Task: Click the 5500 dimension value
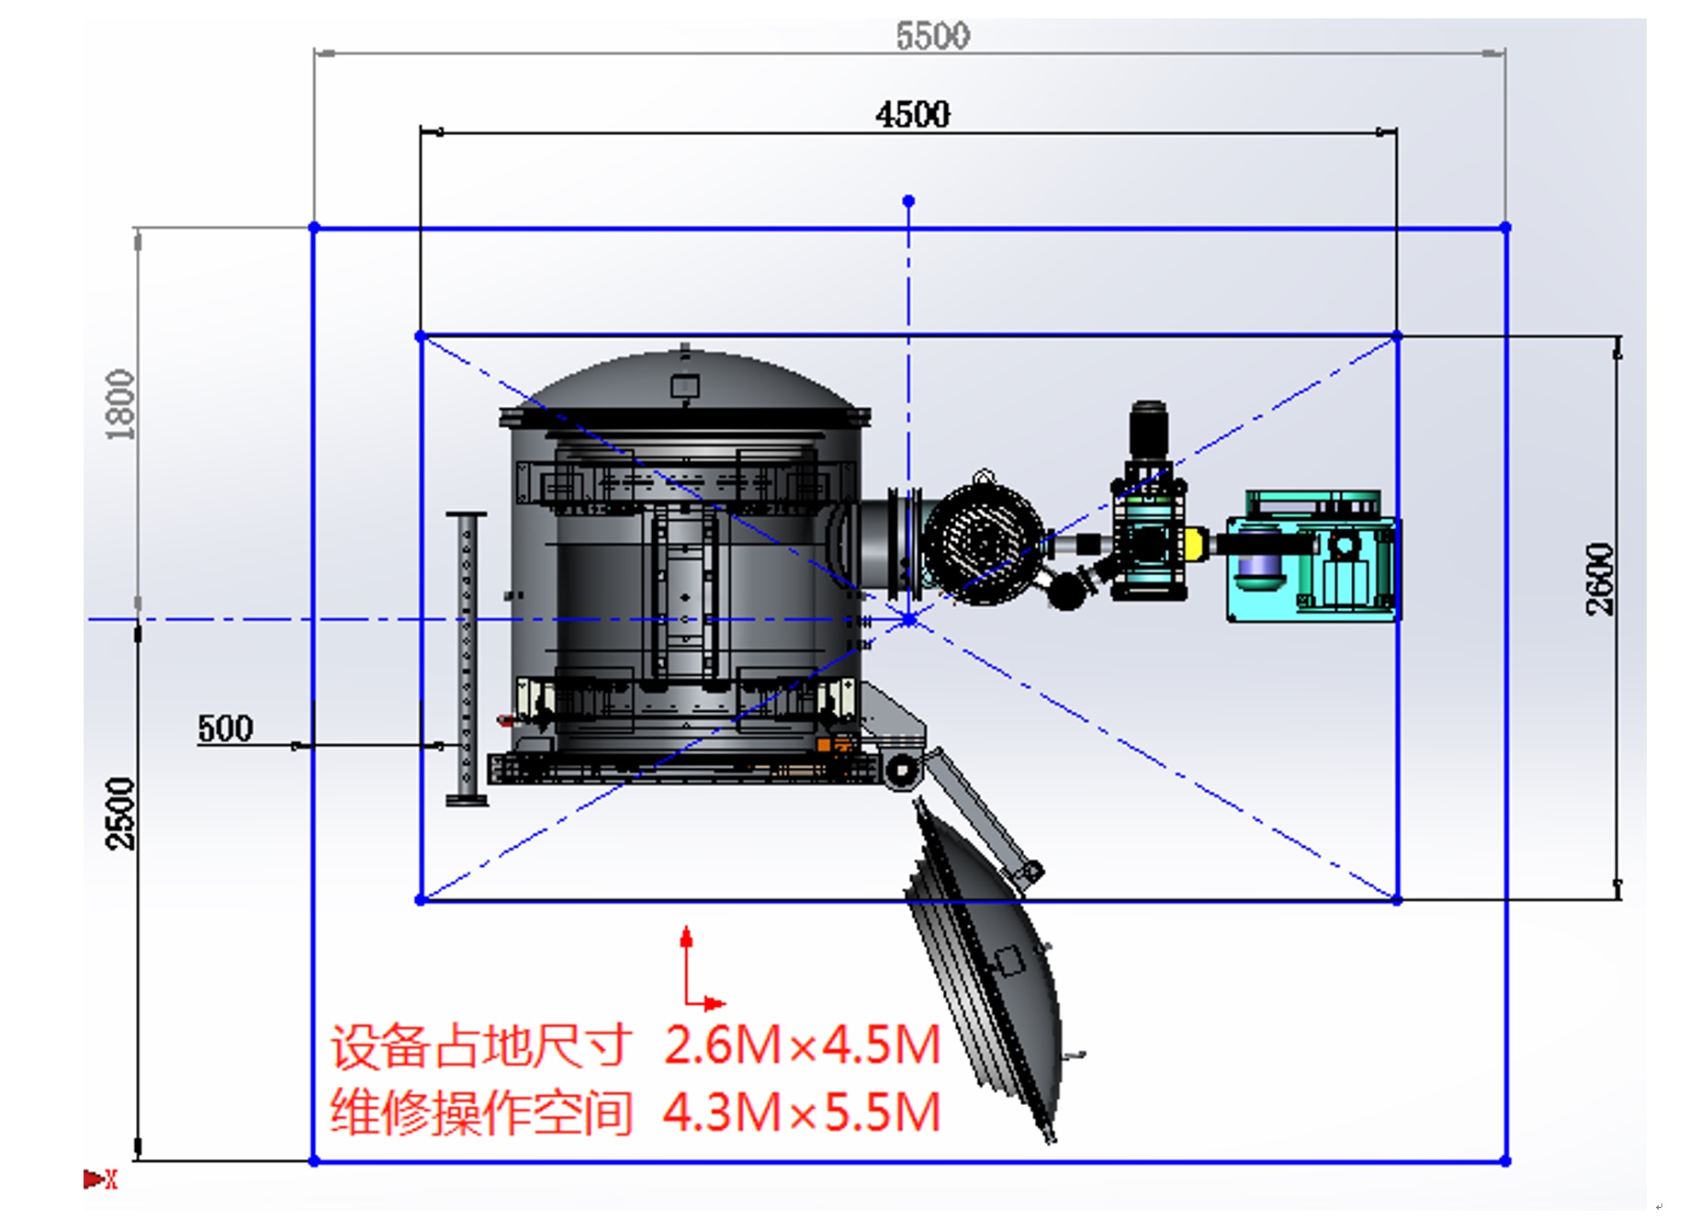tap(932, 36)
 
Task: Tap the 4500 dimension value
tap(913, 115)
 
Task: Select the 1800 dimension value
tap(120, 404)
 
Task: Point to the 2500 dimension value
tap(120, 814)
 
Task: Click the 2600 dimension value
tap(1599, 579)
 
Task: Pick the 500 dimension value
tap(225, 728)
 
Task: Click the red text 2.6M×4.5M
tap(803, 1044)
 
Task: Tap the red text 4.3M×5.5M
tap(803, 1112)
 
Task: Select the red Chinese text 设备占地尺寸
tap(481, 1046)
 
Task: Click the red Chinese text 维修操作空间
tap(481, 1112)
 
